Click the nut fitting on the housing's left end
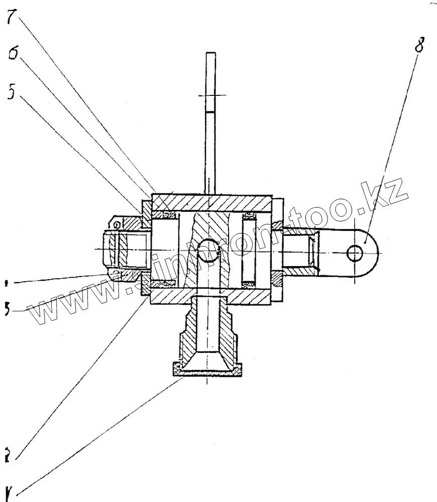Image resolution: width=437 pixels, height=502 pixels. (123, 248)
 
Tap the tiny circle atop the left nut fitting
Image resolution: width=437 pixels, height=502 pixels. (116, 224)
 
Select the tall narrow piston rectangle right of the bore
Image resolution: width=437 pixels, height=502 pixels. (249, 249)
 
